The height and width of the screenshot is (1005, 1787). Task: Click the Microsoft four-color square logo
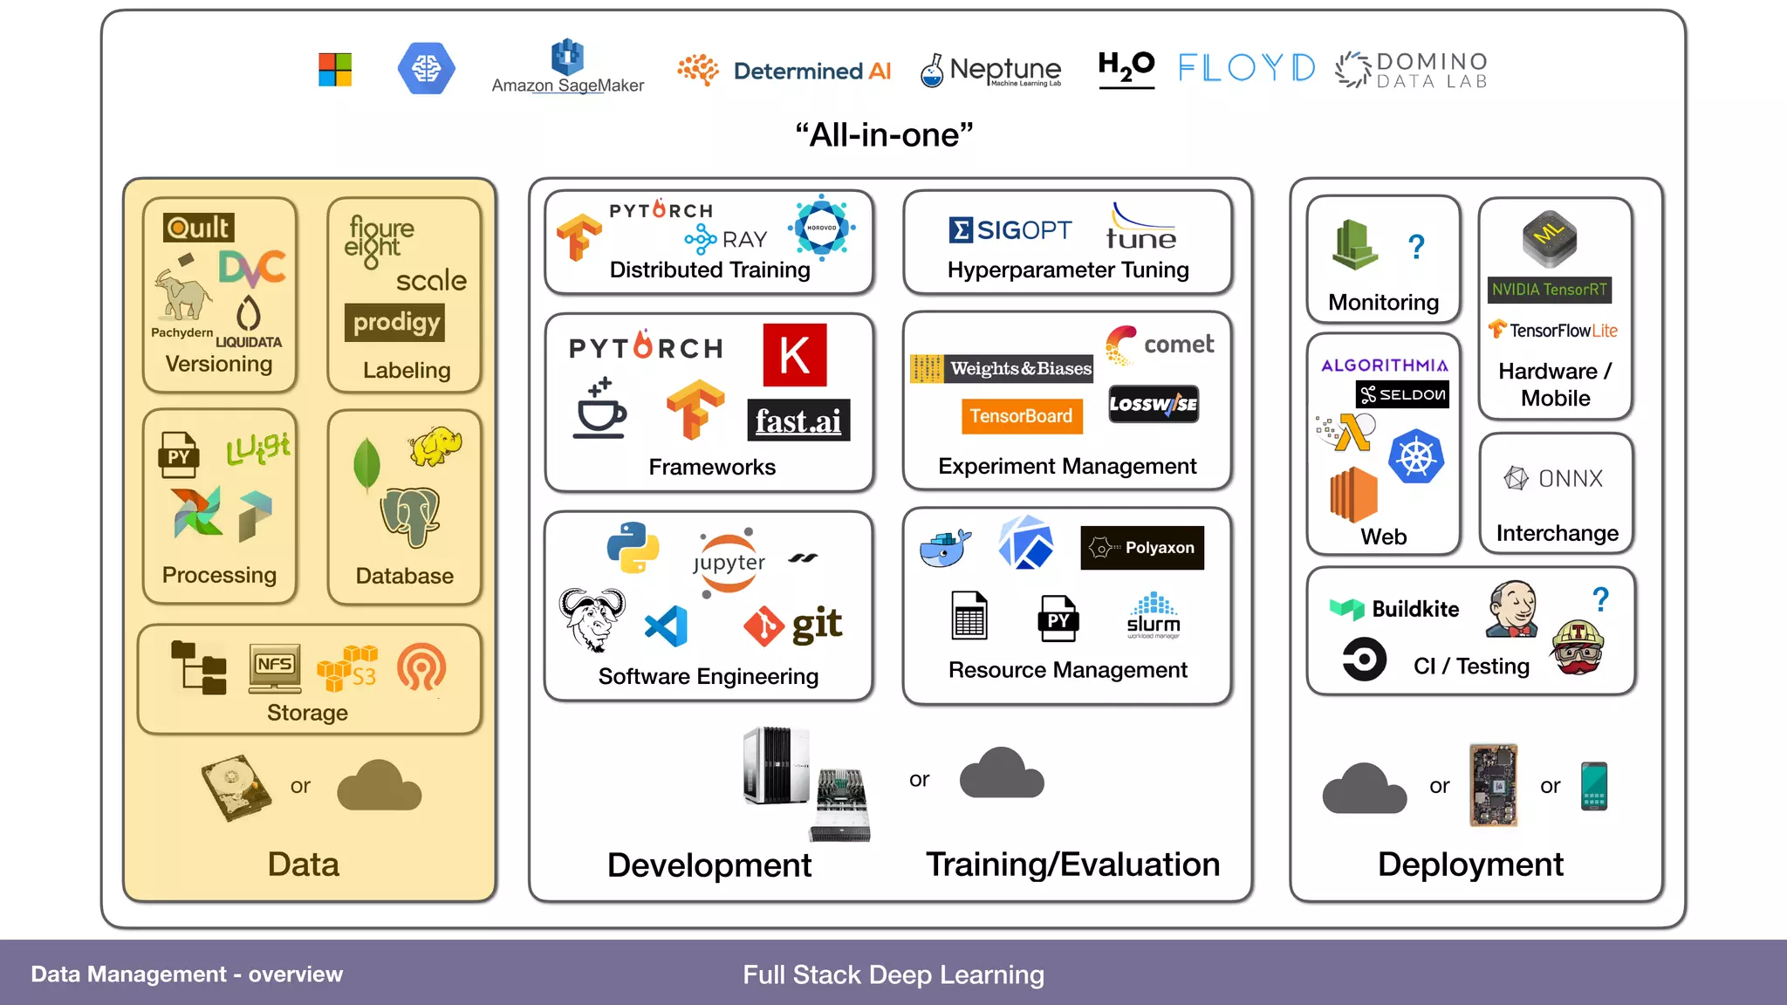[335, 69]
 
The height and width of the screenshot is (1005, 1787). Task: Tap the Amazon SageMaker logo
[567, 67]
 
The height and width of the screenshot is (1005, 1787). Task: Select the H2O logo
[1126, 67]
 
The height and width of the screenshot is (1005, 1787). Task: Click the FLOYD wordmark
[1246, 68]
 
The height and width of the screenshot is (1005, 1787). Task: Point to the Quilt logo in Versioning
[199, 228]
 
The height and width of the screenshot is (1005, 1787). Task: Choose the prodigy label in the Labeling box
[395, 322]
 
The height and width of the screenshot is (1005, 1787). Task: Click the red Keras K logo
[794, 355]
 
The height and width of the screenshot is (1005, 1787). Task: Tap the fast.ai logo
[798, 421]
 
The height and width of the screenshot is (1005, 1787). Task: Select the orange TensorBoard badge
[1021, 416]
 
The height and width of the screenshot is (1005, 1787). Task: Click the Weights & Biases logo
[1002, 368]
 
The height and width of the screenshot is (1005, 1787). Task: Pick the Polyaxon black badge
[1142, 548]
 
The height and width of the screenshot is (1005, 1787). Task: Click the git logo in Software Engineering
[793, 625]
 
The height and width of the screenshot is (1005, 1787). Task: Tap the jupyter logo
[729, 563]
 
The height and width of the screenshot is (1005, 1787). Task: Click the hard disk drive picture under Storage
[235, 787]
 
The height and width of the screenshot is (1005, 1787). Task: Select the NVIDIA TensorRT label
[1549, 290]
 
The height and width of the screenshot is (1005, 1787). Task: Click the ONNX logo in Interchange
[1554, 478]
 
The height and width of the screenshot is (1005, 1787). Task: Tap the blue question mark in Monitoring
[1416, 247]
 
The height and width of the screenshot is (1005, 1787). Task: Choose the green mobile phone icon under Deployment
[1593, 786]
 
